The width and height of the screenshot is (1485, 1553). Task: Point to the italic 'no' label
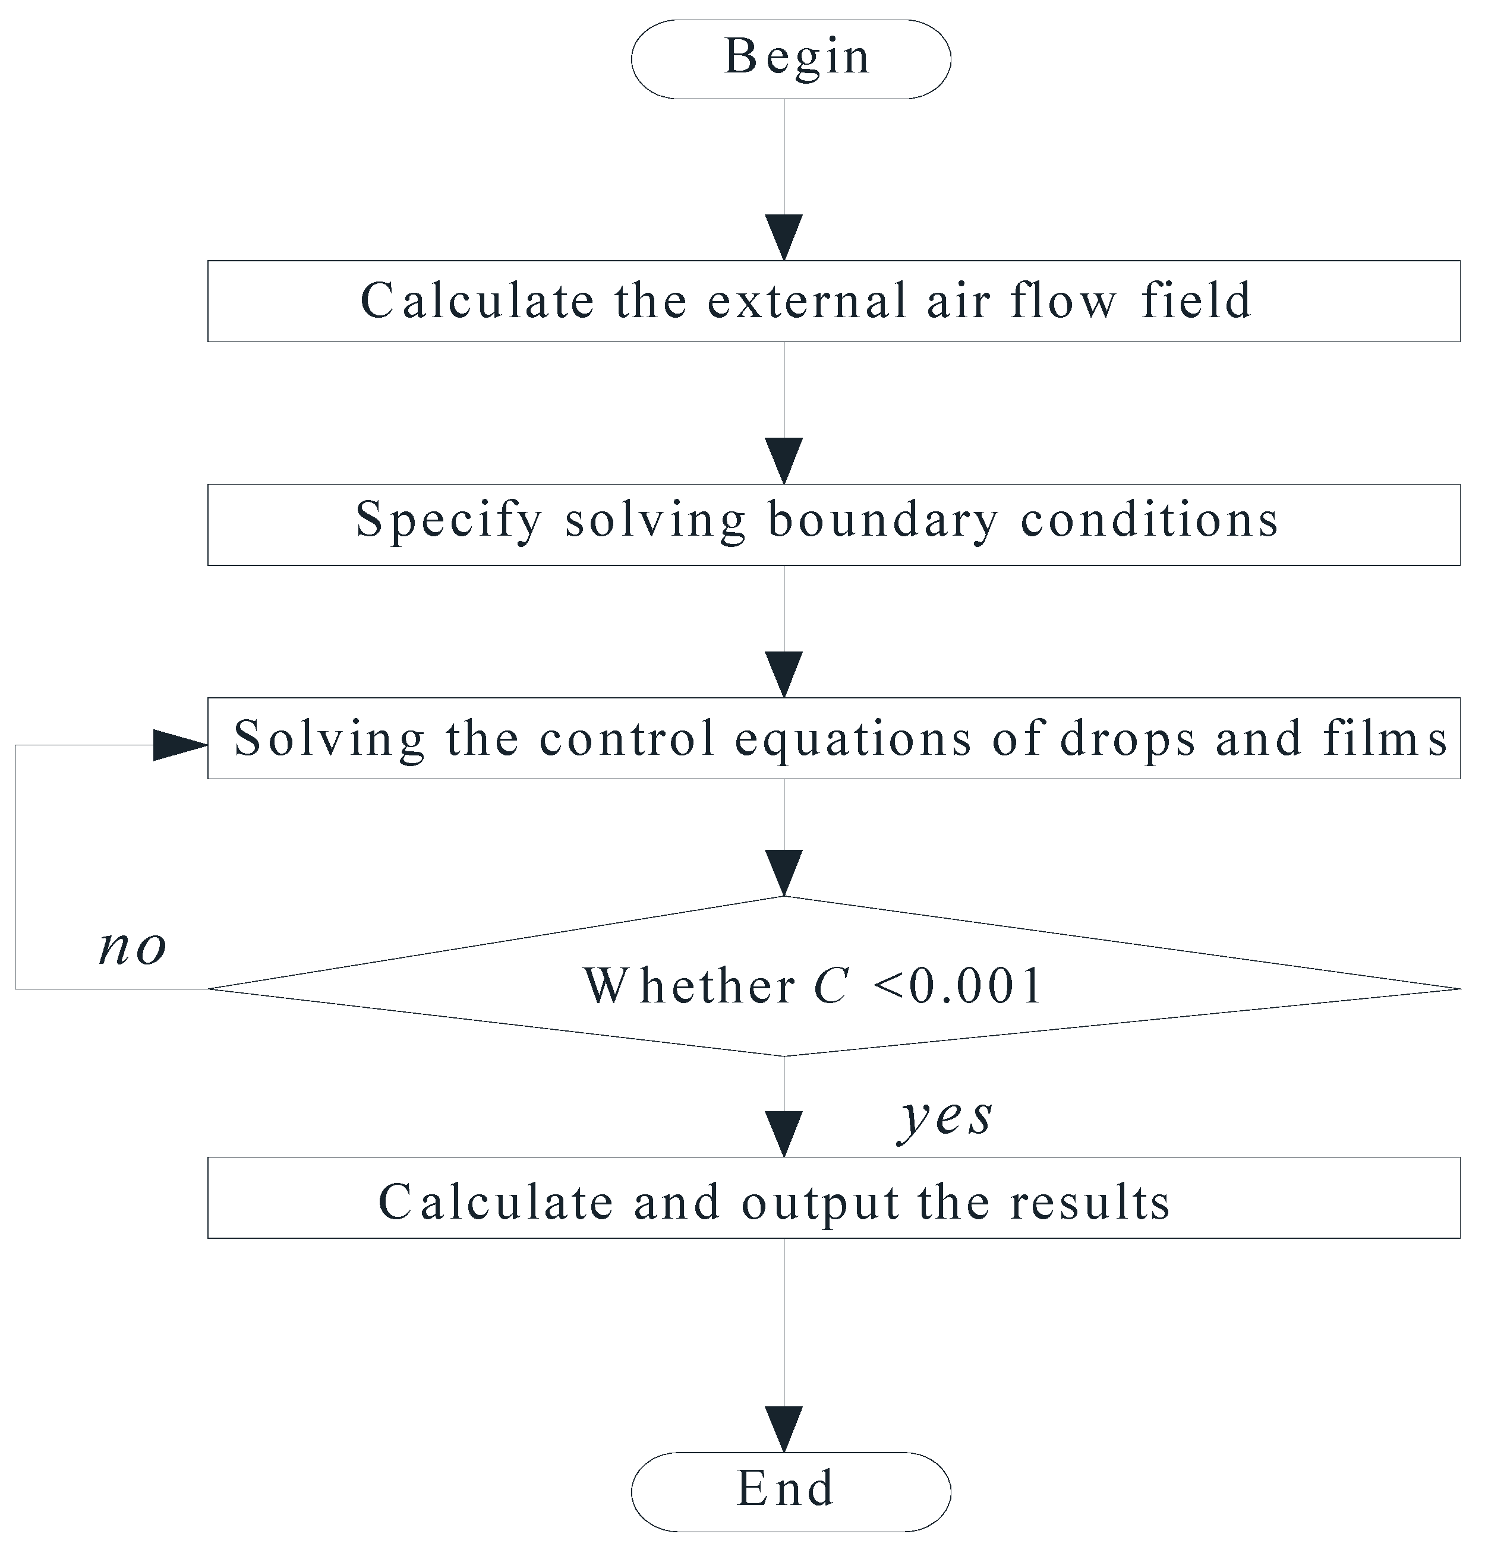132,947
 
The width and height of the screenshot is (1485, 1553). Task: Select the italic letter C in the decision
831,986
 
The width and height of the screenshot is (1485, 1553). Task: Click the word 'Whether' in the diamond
689,986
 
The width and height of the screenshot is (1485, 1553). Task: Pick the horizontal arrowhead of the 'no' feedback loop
179,745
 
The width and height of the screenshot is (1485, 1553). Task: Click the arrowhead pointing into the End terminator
784,1428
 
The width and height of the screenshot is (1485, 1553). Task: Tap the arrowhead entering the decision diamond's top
784,872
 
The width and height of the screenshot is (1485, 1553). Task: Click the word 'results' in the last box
1089,1203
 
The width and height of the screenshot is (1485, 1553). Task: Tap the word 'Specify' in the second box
449,521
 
